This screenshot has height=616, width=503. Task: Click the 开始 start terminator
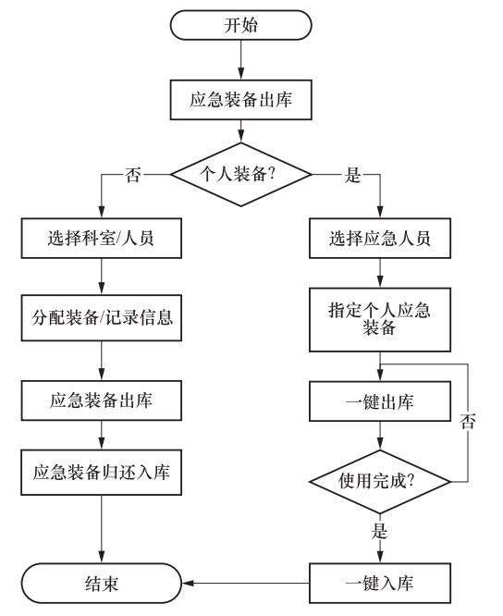240,25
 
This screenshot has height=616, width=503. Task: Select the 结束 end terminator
102,583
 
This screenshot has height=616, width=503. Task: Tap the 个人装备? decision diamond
240,174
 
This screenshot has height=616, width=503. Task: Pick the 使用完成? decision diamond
380,481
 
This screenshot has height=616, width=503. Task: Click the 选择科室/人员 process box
102,238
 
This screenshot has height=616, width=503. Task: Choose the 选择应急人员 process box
380,238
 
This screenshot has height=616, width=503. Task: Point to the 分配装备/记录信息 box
102,318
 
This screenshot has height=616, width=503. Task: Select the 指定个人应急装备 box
380,319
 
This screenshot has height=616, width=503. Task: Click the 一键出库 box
380,401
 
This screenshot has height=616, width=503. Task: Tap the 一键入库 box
380,583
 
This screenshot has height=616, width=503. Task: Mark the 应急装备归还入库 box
102,473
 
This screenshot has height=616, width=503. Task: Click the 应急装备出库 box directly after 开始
240,100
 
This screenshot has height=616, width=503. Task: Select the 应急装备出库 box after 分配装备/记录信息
102,400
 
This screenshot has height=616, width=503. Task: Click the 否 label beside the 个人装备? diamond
133,175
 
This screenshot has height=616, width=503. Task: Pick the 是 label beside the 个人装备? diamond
352,175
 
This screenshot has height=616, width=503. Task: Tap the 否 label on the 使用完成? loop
468,421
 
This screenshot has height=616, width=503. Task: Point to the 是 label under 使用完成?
379,531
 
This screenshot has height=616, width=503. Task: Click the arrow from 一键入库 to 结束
245,583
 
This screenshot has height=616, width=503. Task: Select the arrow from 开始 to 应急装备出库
240,60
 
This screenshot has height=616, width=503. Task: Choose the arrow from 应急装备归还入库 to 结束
102,529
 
